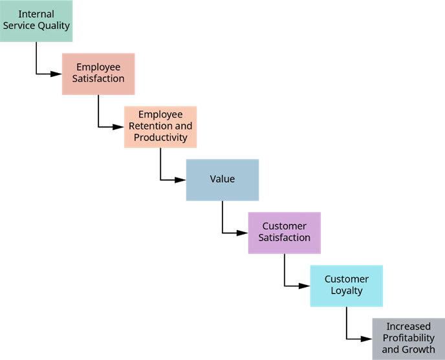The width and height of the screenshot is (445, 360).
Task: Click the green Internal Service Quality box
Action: pos(36,21)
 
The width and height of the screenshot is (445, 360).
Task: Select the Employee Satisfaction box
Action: pos(98,74)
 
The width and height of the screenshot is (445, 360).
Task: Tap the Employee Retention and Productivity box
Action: pos(160,127)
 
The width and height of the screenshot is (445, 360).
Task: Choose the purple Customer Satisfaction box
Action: pos(285,233)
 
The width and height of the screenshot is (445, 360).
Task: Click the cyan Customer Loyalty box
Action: pos(347,286)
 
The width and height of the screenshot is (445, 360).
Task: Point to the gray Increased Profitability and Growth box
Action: pos(408,338)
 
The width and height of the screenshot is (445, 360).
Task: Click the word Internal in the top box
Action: pos(36,14)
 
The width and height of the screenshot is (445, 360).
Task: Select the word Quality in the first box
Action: pos(54,26)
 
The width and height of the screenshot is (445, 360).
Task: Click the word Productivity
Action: pos(160,138)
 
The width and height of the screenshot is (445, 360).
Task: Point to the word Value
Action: pos(222,179)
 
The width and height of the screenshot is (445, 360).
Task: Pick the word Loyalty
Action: pos(347,291)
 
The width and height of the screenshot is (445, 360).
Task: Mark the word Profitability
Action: pos(408,338)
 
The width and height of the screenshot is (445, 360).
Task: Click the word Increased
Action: pos(408,326)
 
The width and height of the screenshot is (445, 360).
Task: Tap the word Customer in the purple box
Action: pos(285,226)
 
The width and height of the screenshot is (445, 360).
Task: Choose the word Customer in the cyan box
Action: pos(347,279)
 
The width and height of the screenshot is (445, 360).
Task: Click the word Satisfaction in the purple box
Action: pos(285,238)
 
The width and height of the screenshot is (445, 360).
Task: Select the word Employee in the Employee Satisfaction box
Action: pos(98,67)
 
